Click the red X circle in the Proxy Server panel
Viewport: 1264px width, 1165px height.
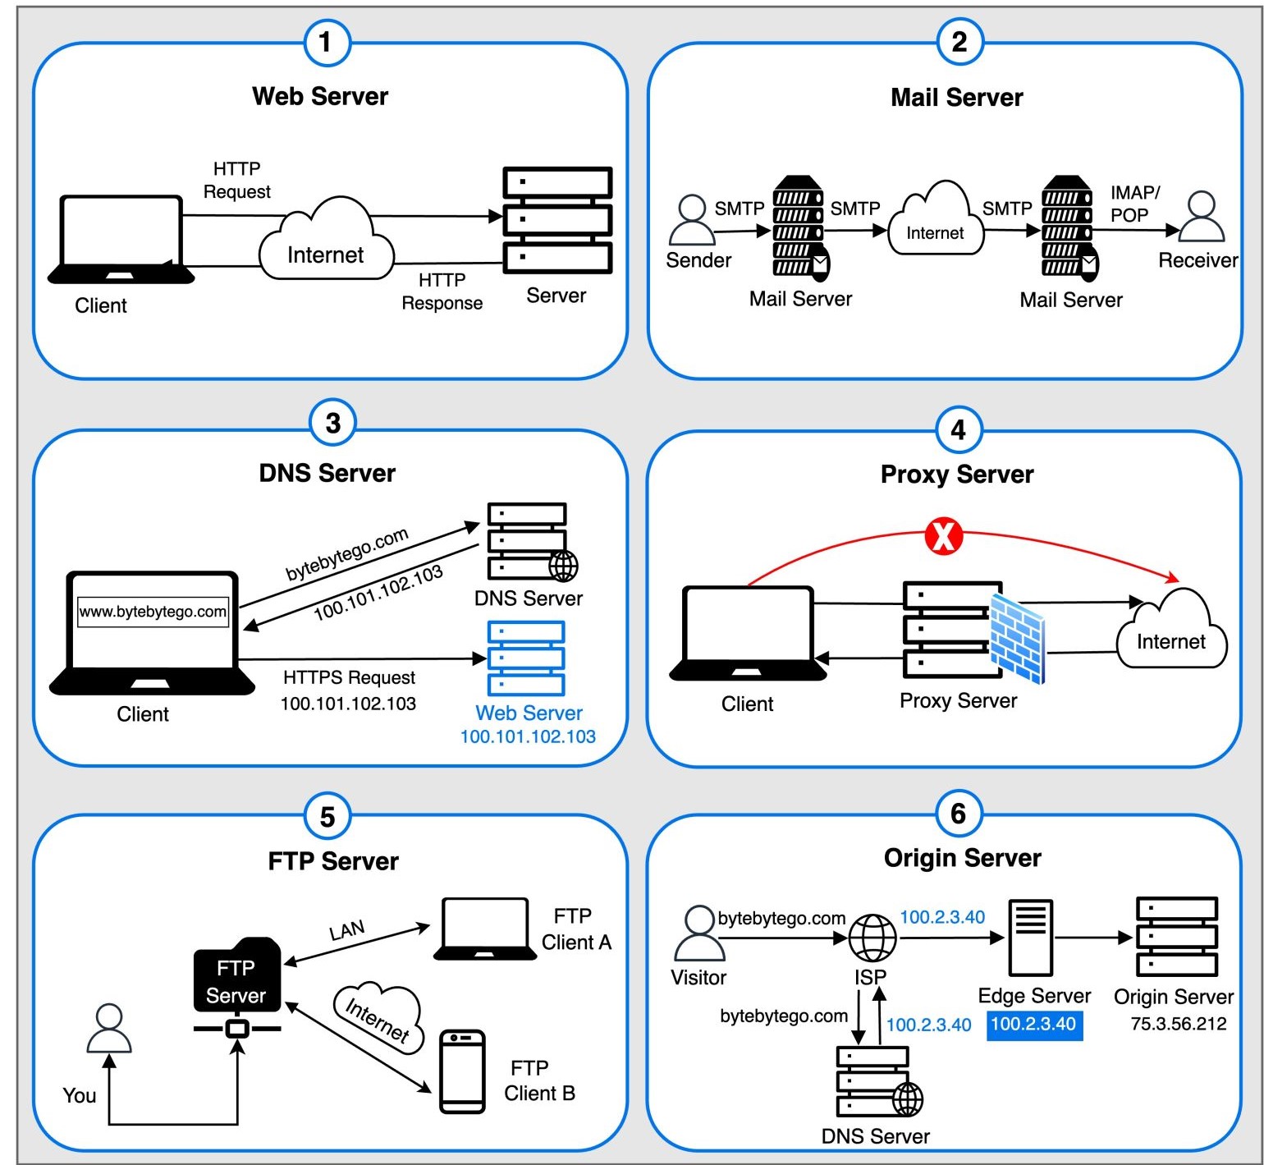point(943,536)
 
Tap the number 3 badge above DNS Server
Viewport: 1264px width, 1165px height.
point(332,423)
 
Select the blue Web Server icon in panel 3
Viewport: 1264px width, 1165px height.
point(526,658)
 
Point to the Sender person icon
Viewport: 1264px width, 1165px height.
point(692,220)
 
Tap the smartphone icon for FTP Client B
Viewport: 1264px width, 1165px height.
point(462,1071)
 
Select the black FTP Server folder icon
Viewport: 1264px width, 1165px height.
point(237,977)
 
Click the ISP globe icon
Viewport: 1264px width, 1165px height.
point(872,938)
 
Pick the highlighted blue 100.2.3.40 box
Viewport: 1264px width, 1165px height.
point(1033,1024)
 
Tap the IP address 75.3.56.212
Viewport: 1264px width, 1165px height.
point(1178,1024)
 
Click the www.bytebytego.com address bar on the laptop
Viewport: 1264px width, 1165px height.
point(153,612)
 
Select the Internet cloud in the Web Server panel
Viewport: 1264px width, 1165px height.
point(326,243)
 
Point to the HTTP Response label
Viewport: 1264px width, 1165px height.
point(442,291)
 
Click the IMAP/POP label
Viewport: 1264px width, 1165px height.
point(1134,204)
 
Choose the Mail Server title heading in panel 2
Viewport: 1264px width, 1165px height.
point(956,98)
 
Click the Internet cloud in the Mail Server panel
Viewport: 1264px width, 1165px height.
point(936,222)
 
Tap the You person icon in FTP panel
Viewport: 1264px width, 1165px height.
point(109,1029)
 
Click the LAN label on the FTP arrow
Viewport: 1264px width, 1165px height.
point(346,930)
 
